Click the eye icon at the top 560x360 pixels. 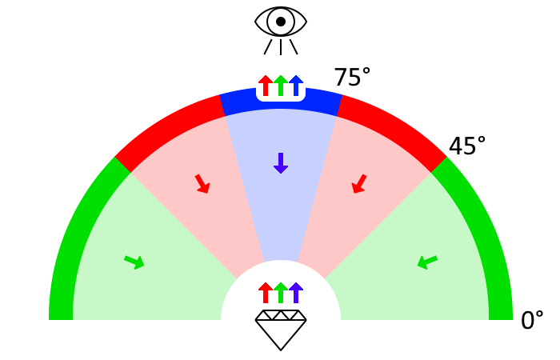click(281, 22)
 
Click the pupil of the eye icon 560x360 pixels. click(281, 22)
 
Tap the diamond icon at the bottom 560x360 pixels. click(281, 330)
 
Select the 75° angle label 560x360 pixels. click(352, 78)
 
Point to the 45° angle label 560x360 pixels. click(467, 146)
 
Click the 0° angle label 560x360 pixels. click(532, 321)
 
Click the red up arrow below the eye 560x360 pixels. click(266, 86)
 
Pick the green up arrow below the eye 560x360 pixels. click(281, 86)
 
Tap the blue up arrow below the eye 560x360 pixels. click(296, 86)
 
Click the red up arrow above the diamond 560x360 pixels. click(266, 293)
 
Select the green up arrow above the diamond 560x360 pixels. click(281, 293)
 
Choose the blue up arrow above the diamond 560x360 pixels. click(296, 293)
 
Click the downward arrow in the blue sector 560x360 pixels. click(281, 163)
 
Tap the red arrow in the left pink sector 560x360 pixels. click(202, 184)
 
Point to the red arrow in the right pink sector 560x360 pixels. click(359, 184)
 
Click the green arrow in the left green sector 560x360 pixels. click(134, 262)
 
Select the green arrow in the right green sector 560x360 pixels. click(427, 262)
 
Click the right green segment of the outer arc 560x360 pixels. click(488, 240)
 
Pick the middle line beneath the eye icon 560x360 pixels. click(281, 47)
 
